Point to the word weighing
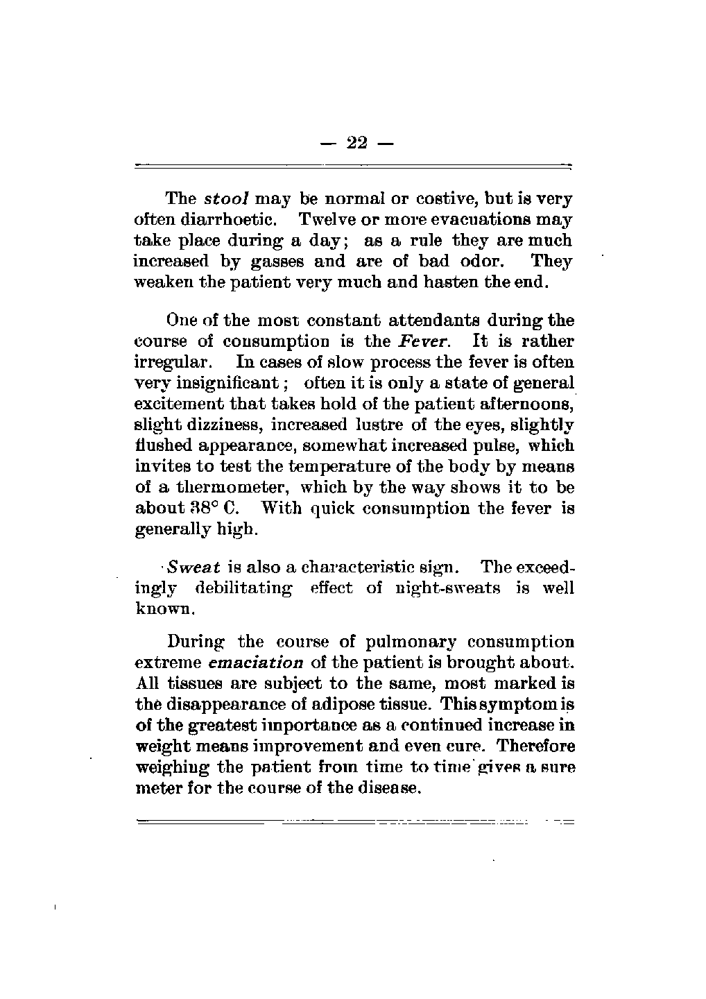click(x=166, y=767)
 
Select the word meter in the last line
click(x=156, y=788)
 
